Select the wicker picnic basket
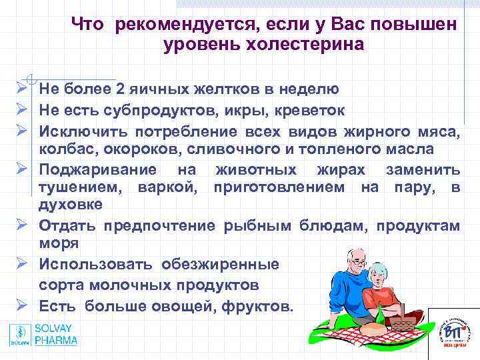coord(402,321)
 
